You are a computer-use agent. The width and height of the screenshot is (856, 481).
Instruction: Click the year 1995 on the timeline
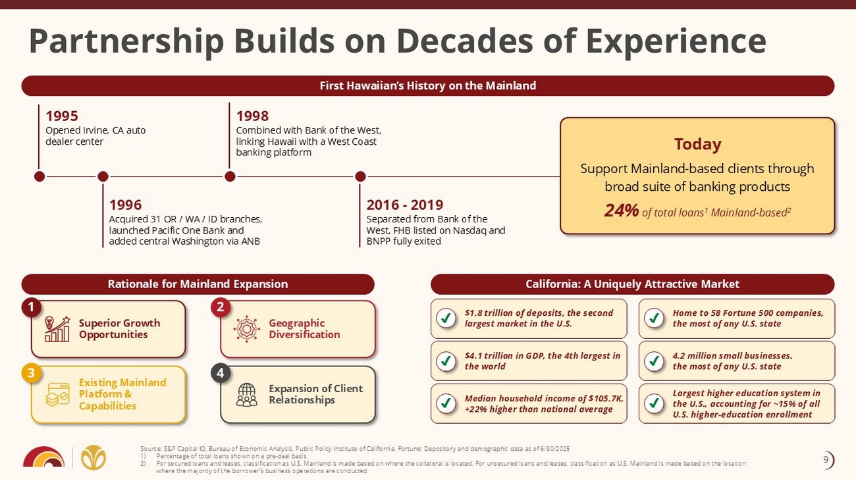[62, 116]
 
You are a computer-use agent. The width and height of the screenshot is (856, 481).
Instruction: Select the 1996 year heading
[125, 205]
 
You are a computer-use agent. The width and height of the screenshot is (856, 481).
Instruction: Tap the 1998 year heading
[252, 116]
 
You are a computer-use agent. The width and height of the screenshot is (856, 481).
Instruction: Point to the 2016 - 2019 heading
[405, 205]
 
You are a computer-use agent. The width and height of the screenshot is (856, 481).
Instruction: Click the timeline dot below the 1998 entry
[230, 176]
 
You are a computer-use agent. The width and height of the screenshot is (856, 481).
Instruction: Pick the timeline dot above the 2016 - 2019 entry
[360, 176]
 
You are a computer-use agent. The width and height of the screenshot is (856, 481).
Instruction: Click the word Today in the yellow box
[697, 144]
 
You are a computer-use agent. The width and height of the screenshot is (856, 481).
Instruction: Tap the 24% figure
[622, 211]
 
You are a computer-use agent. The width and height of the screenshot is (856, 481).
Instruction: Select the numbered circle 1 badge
[32, 308]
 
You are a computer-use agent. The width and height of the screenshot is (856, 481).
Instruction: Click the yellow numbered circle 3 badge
[32, 373]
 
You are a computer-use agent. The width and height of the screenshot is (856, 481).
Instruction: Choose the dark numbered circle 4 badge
[221, 373]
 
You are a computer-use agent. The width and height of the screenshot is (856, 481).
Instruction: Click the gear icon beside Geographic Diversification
[246, 329]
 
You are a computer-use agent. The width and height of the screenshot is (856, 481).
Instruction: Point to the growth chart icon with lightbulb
[57, 329]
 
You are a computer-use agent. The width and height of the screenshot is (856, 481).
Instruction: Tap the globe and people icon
[246, 394]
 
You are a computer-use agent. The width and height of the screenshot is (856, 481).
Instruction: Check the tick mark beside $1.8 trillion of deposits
[446, 318]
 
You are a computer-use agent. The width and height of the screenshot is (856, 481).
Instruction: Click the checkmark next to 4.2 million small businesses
[654, 361]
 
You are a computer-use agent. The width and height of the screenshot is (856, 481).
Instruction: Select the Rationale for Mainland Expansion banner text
[198, 284]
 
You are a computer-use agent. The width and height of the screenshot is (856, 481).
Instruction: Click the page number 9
[826, 460]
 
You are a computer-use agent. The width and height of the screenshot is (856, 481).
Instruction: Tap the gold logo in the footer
[94, 457]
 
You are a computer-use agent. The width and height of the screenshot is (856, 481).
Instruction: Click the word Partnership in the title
[126, 41]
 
